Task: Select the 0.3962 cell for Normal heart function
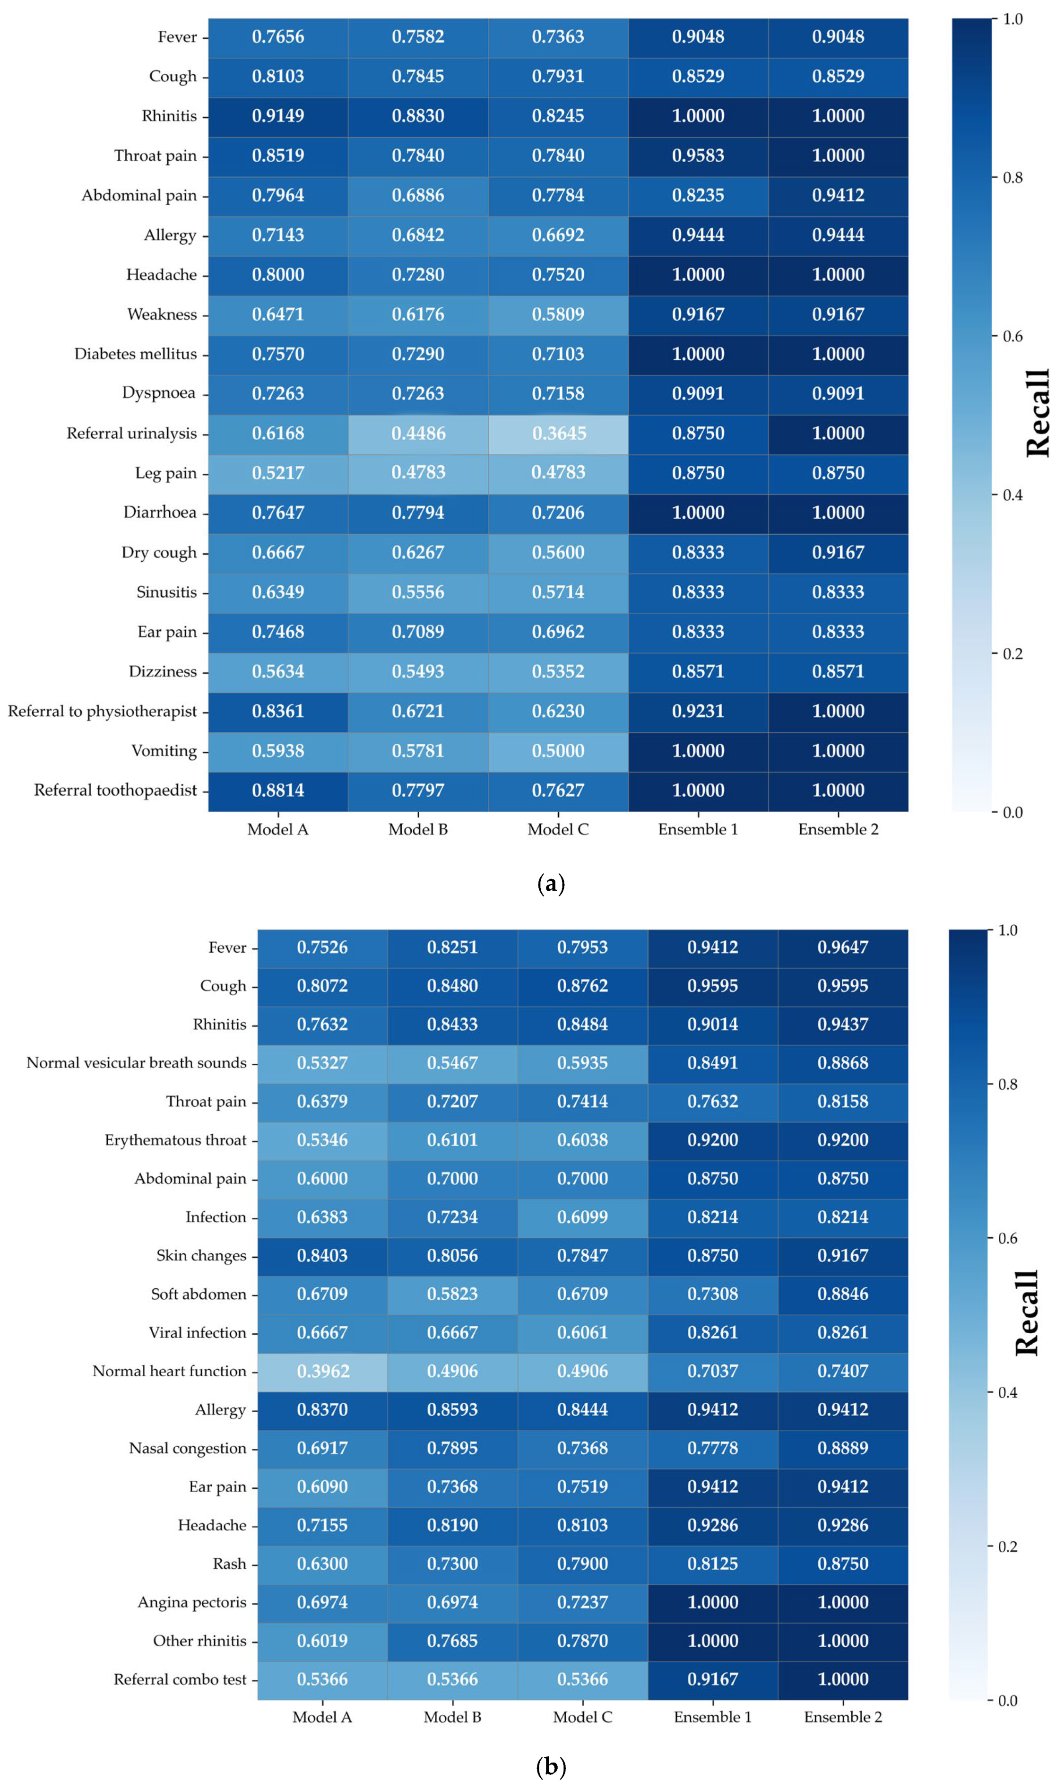point(323,1371)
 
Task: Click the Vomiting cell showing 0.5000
point(559,751)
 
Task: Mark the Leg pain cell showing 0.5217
point(278,473)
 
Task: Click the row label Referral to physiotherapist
point(103,712)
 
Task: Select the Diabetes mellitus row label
point(136,354)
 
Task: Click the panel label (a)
point(551,884)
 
